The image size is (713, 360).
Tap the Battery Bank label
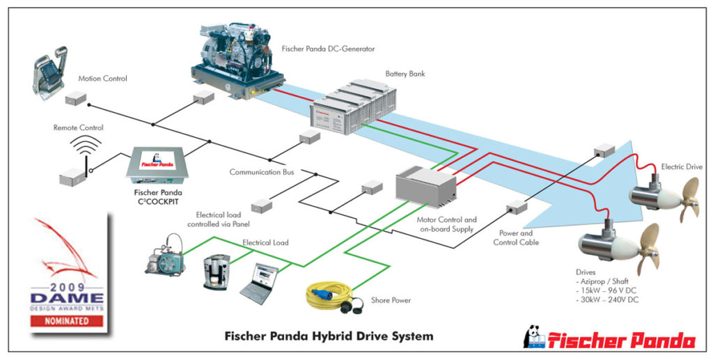[x=406, y=73]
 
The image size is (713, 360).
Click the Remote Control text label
[x=79, y=128]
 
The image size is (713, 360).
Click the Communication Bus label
[x=262, y=172]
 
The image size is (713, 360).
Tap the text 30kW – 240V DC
[x=608, y=299]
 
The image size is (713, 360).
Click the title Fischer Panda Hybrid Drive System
[x=329, y=336]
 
